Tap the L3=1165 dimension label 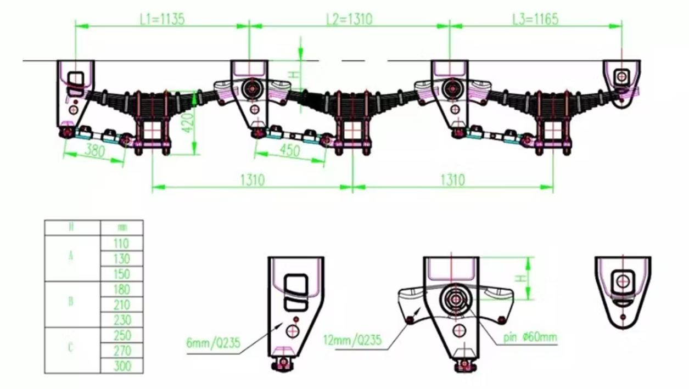pyautogui.click(x=535, y=19)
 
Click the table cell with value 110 pyautogui.click(x=122, y=244)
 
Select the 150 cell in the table pyautogui.click(x=122, y=274)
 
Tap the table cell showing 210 pyautogui.click(x=122, y=305)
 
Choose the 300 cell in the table pyautogui.click(x=122, y=365)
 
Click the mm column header pyautogui.click(x=122, y=227)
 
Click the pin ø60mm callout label pyautogui.click(x=530, y=336)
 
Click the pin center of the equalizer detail pyautogui.click(x=455, y=300)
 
